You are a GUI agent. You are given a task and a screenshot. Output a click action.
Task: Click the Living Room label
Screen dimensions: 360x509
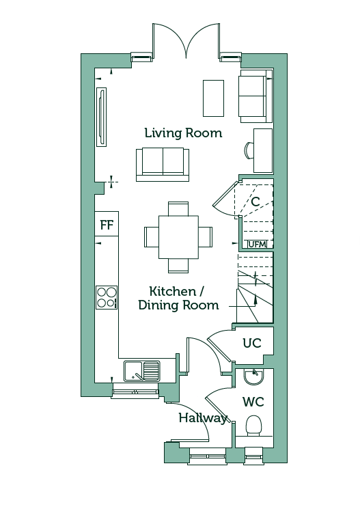click(183, 133)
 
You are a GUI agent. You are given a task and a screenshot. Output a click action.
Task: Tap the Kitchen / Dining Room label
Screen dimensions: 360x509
click(178, 299)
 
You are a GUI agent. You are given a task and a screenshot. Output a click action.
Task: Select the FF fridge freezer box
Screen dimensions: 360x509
click(107, 224)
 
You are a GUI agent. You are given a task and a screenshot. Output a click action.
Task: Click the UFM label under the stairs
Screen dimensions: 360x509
click(257, 244)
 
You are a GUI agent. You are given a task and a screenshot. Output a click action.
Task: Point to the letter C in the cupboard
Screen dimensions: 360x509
click(255, 202)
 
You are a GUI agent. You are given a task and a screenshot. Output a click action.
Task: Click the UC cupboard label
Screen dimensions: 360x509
click(252, 343)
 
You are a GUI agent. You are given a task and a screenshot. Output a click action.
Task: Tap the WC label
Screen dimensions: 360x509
click(253, 402)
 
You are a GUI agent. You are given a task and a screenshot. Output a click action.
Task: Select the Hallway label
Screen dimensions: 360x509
click(203, 417)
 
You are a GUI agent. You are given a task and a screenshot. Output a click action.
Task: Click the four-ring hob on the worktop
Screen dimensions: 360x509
click(107, 297)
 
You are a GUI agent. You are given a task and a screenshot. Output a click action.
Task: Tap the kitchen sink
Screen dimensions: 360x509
click(142, 371)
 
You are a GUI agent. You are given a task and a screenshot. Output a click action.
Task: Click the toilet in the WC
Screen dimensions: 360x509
click(253, 426)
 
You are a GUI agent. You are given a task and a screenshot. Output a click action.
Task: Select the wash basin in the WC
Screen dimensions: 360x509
click(254, 377)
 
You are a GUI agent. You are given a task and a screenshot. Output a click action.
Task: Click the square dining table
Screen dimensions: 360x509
click(178, 237)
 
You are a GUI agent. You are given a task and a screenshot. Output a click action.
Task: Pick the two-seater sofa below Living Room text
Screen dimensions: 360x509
click(163, 165)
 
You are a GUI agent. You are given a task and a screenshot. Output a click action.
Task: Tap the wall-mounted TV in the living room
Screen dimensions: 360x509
click(102, 118)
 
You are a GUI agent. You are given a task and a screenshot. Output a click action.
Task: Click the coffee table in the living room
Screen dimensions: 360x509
click(213, 98)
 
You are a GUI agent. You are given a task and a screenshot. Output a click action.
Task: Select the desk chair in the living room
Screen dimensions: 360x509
click(249, 150)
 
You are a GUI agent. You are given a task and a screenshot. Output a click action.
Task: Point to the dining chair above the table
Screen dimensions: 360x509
click(178, 209)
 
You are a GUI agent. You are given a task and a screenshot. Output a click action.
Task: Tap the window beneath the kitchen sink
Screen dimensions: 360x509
click(135, 391)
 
